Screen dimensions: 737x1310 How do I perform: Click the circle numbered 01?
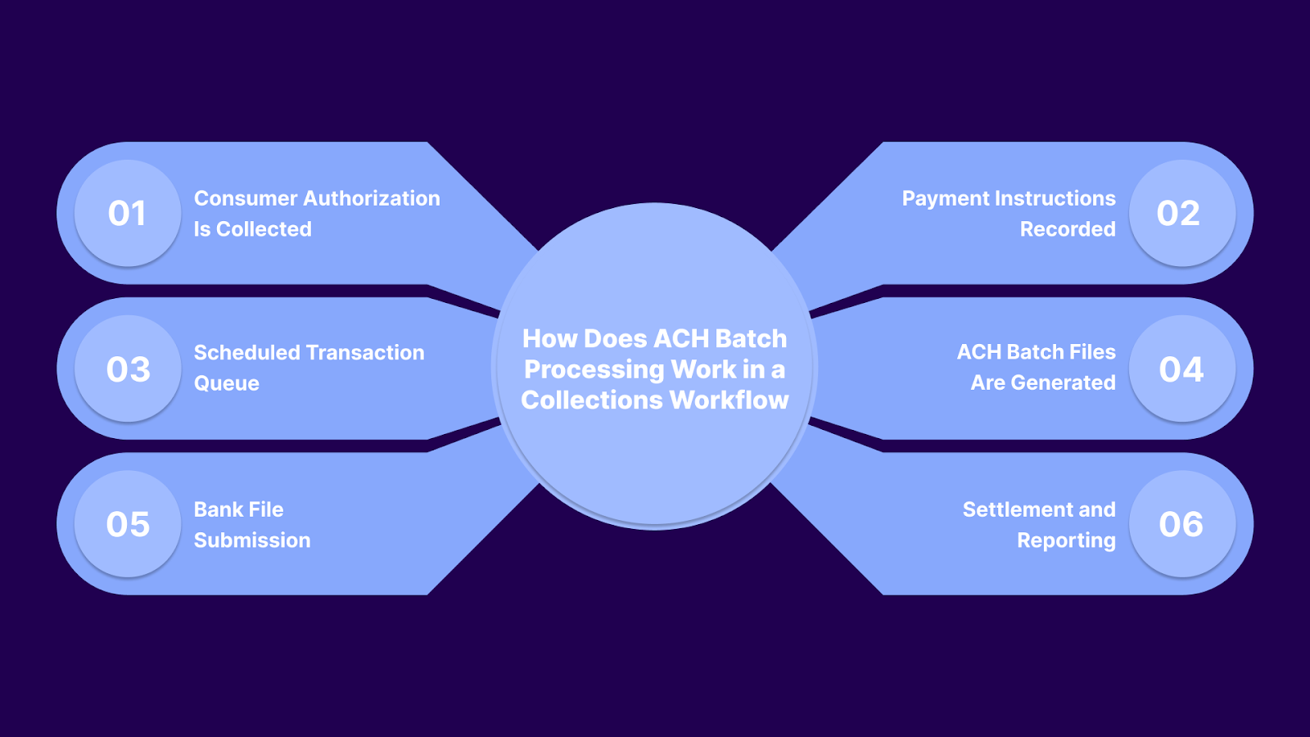(127, 213)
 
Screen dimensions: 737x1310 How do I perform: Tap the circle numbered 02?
(1181, 213)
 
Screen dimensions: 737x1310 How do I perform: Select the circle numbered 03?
(127, 368)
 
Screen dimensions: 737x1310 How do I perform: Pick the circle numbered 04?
(1181, 368)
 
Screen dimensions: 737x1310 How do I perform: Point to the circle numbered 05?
(127, 524)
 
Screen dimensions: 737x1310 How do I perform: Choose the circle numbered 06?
(1181, 524)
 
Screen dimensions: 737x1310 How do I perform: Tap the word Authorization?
(372, 199)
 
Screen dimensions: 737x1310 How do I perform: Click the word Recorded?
(1068, 229)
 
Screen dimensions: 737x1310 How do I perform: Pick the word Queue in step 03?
(227, 384)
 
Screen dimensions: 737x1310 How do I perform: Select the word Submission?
(252, 540)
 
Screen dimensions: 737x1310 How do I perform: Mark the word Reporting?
(1066, 541)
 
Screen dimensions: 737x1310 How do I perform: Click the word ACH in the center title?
(682, 339)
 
